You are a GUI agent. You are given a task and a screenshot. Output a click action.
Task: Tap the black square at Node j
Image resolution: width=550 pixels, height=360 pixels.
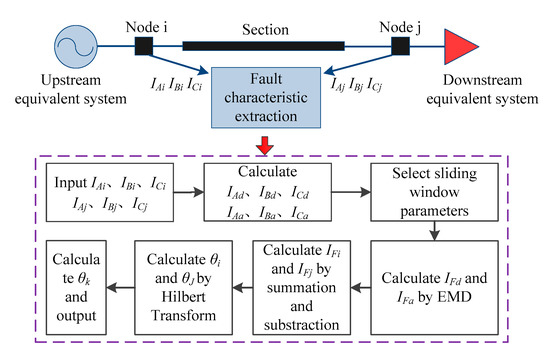pyautogui.click(x=401, y=47)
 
